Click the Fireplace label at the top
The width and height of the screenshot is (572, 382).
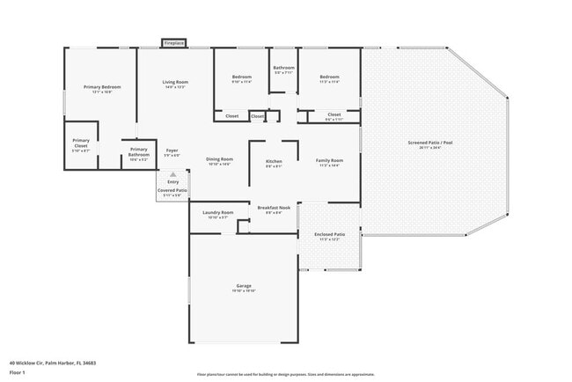173,42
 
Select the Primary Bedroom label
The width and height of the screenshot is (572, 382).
101,87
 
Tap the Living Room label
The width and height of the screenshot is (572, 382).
175,83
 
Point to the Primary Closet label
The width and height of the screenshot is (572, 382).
81,143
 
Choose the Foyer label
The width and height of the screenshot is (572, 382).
172,151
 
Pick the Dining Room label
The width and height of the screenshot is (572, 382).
218,158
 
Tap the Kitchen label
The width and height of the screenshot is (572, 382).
274,161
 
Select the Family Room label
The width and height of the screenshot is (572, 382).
329,160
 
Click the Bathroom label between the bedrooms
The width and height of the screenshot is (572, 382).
283,68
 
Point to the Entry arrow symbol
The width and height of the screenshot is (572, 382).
172,174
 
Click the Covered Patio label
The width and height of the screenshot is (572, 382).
172,190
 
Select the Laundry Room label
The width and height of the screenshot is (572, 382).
217,212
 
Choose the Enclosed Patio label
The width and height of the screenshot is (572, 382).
329,234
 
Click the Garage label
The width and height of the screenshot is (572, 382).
244,286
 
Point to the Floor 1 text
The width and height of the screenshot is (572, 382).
18,372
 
